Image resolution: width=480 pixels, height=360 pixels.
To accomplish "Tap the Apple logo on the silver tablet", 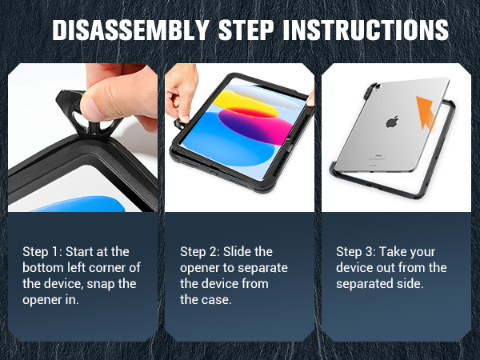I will (x=392, y=122).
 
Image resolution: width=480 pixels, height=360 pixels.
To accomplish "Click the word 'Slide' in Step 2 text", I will (x=239, y=252).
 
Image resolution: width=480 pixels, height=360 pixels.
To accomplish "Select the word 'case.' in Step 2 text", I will (x=194, y=299).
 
